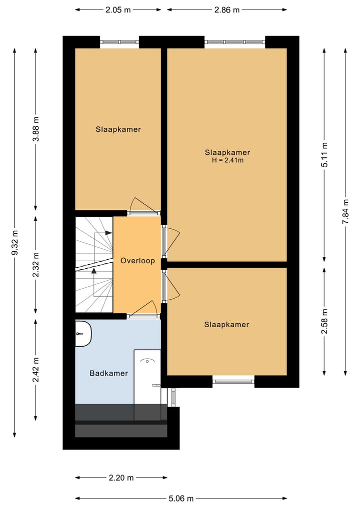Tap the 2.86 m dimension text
click(x=227, y=9)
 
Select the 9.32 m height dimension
click(x=15, y=243)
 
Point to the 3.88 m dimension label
click(x=35, y=129)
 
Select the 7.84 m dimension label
click(x=345, y=212)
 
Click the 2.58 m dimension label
click(x=324, y=322)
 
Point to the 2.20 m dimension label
click(x=121, y=478)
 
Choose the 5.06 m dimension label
click(x=180, y=498)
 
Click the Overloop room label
click(x=137, y=261)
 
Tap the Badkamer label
click(x=108, y=373)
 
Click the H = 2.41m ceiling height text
click(x=227, y=160)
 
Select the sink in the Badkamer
click(x=82, y=334)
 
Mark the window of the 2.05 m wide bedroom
click(x=119, y=42)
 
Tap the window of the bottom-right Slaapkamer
click(x=233, y=382)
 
